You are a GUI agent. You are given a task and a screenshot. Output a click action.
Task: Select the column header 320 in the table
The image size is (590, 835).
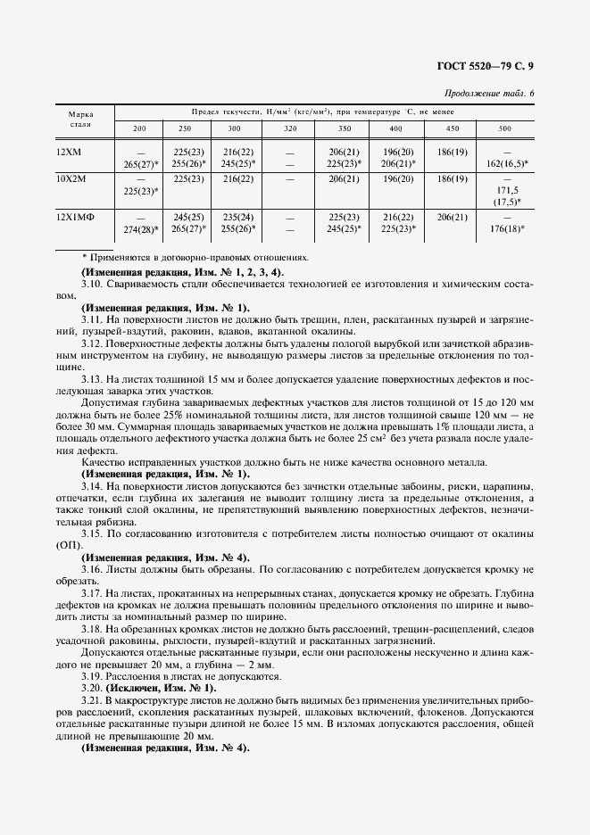[289, 129]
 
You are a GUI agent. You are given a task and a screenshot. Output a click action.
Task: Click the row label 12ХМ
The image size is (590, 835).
[68, 153]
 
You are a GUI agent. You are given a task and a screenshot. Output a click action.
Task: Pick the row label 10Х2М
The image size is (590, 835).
[69, 178]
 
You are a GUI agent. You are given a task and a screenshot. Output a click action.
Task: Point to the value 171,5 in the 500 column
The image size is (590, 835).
[505, 191]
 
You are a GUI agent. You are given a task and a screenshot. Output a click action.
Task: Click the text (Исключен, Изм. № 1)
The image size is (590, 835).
[160, 689]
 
